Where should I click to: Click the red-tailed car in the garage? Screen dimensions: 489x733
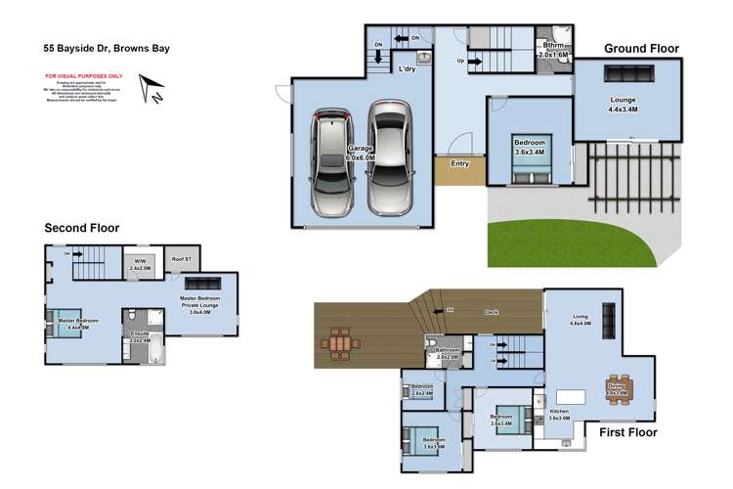click(x=332, y=164)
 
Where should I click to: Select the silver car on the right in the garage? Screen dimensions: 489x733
click(x=390, y=159)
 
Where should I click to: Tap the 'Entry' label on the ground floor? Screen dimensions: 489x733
click(x=459, y=163)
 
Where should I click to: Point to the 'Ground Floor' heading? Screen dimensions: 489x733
click(x=641, y=48)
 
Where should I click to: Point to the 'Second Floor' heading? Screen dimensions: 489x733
click(x=81, y=228)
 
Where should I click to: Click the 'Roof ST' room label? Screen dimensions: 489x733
click(x=181, y=259)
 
